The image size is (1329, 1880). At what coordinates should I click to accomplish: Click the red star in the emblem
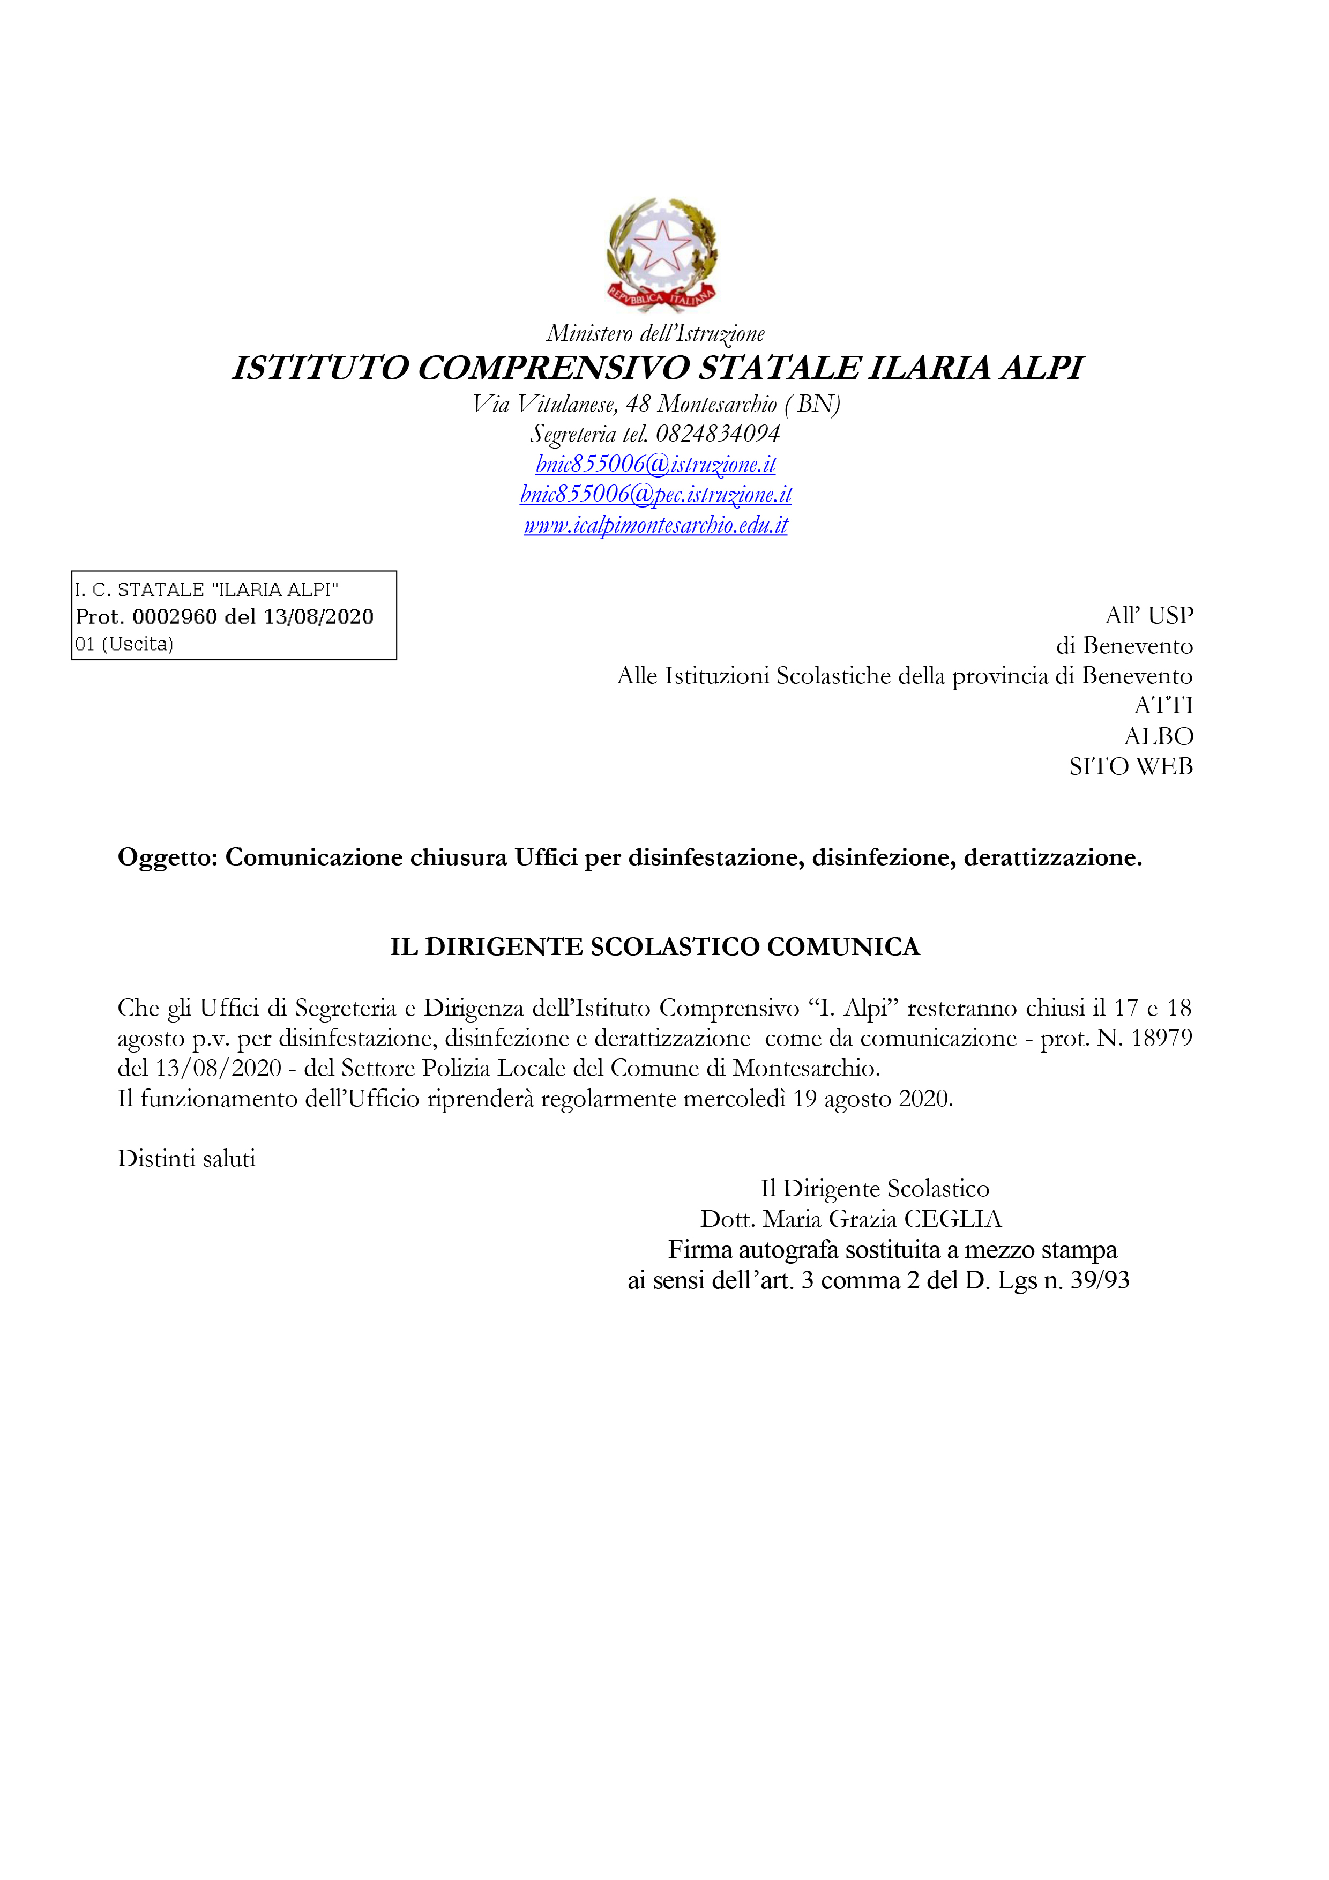click(x=662, y=245)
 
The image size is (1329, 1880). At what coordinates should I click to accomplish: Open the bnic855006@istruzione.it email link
click(x=655, y=464)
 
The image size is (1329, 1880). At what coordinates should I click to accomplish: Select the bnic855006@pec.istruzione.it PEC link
click(x=655, y=495)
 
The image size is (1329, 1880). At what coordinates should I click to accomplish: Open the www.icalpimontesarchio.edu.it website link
click(x=655, y=525)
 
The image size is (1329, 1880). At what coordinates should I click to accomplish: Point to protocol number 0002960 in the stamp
click(x=174, y=616)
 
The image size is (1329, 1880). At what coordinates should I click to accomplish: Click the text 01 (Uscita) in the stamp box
click(x=124, y=644)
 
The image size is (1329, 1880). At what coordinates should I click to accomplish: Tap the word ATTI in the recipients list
click(x=1163, y=705)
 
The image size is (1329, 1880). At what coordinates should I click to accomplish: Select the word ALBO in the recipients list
click(x=1158, y=736)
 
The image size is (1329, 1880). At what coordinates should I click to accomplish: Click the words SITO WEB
click(x=1130, y=766)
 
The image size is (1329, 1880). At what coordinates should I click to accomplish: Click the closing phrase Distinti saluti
click(x=186, y=1159)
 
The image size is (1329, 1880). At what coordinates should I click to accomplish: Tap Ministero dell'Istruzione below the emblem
click(x=655, y=333)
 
